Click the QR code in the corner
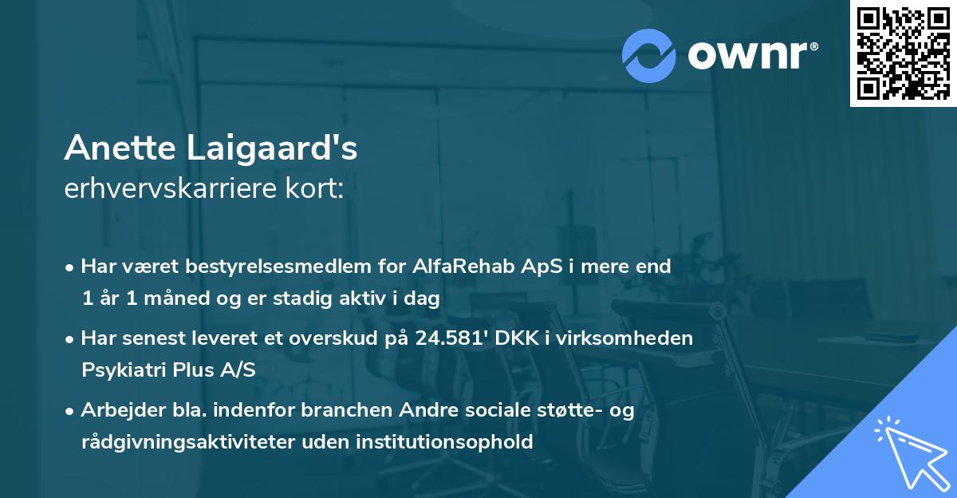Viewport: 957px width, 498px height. (x=903, y=53)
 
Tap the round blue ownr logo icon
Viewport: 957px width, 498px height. (x=649, y=55)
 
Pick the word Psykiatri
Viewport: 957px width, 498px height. (x=120, y=370)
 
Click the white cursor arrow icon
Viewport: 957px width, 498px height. (x=909, y=451)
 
